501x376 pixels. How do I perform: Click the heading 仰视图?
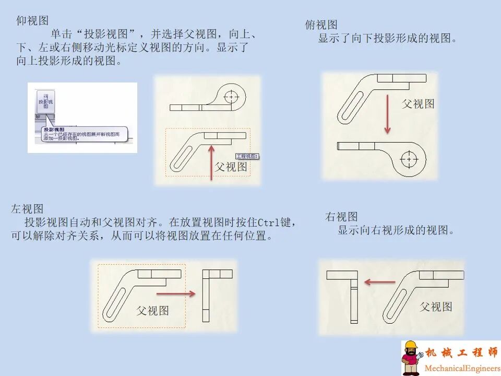pyautogui.click(x=32, y=20)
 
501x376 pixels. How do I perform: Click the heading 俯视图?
pyautogui.click(x=321, y=25)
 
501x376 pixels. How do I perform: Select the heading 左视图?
pyautogui.click(x=27, y=209)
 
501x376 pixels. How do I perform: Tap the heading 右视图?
pyautogui.click(x=341, y=217)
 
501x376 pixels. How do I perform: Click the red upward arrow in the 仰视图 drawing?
pyautogui.click(x=211, y=162)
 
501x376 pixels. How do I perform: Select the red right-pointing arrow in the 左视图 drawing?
pyautogui.click(x=182, y=293)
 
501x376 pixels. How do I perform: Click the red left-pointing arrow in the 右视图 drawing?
pyautogui.click(x=379, y=282)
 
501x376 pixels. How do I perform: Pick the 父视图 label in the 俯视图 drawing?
pyautogui.click(x=418, y=103)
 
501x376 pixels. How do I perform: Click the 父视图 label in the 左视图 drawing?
pyautogui.click(x=152, y=310)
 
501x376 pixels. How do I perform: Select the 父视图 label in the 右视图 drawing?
pyautogui.click(x=436, y=307)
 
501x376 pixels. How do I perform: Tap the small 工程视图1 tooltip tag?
pyautogui.click(x=247, y=156)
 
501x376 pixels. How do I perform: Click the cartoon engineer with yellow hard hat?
pyautogui.click(x=411, y=358)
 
